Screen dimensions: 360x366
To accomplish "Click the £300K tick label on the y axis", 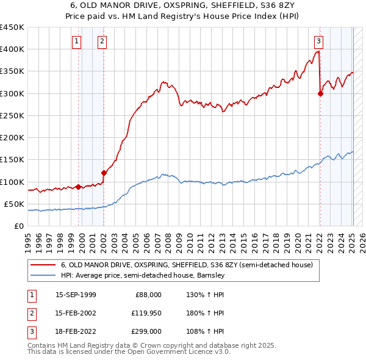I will point(12,93).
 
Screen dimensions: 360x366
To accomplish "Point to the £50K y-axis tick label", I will point(13,204).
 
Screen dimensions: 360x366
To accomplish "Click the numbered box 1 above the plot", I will point(77,41).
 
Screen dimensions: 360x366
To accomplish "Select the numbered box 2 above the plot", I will point(101,41).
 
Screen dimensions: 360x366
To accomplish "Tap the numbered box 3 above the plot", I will point(318,41).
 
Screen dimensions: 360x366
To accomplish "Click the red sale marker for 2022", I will point(320,93).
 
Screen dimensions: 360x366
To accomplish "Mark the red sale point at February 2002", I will point(104,173).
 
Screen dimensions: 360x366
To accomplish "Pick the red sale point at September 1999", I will point(79,187).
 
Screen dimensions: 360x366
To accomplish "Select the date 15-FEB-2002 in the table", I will point(76,313).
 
